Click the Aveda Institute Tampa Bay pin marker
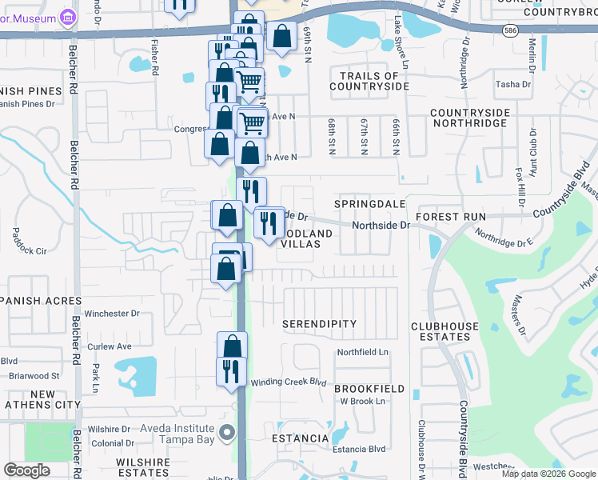tap(227, 433)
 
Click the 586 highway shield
tap(509, 30)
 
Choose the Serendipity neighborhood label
tap(319, 324)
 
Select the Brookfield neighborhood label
tap(369, 388)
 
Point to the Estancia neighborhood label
tap(300, 438)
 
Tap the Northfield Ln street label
tap(362, 352)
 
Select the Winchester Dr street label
tap(112, 314)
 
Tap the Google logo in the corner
tap(27, 470)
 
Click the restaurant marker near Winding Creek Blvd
tap(230, 371)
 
